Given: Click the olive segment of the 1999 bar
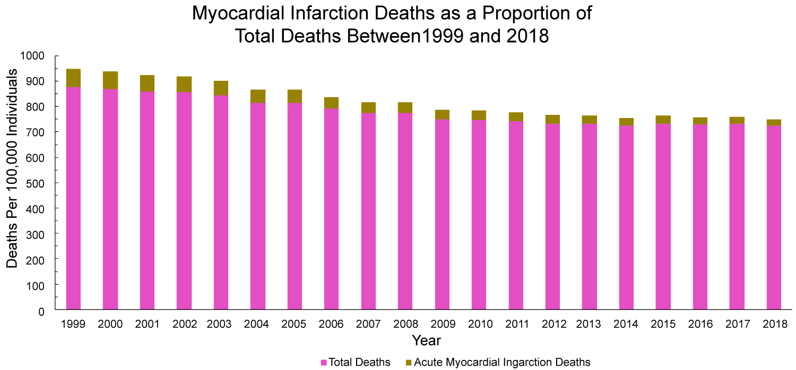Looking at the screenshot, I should (73, 78).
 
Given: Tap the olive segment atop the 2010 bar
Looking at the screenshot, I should (479, 115).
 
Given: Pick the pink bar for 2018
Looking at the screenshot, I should (774, 217).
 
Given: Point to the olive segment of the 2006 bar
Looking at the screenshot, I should (331, 103).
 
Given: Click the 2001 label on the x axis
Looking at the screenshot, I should (147, 324).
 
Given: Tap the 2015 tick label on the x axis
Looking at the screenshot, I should (663, 324).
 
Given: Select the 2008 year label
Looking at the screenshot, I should (405, 324).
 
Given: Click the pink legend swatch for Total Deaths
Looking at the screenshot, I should (323, 363).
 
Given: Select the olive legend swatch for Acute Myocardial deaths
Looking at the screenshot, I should (408, 363).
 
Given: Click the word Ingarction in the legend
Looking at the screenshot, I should (529, 363).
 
